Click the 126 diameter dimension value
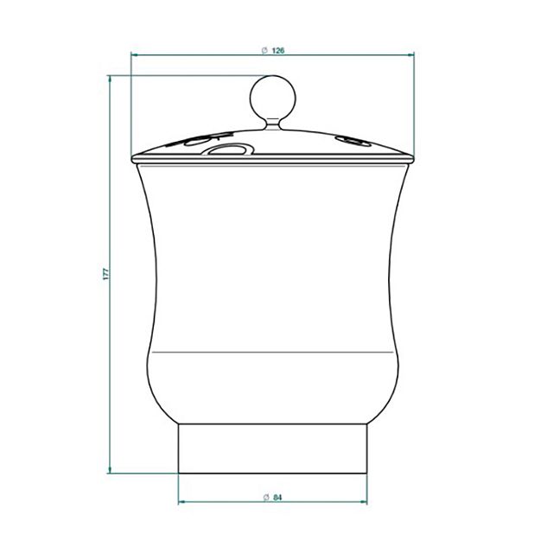[278, 50]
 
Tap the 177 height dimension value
[106, 274]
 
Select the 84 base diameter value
[277, 497]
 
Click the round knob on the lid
[273, 98]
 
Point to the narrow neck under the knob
[273, 124]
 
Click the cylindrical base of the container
[272, 449]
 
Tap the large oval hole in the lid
[228, 150]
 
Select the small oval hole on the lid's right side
[353, 142]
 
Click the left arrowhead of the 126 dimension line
[135, 54]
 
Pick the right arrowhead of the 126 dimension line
[410, 54]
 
